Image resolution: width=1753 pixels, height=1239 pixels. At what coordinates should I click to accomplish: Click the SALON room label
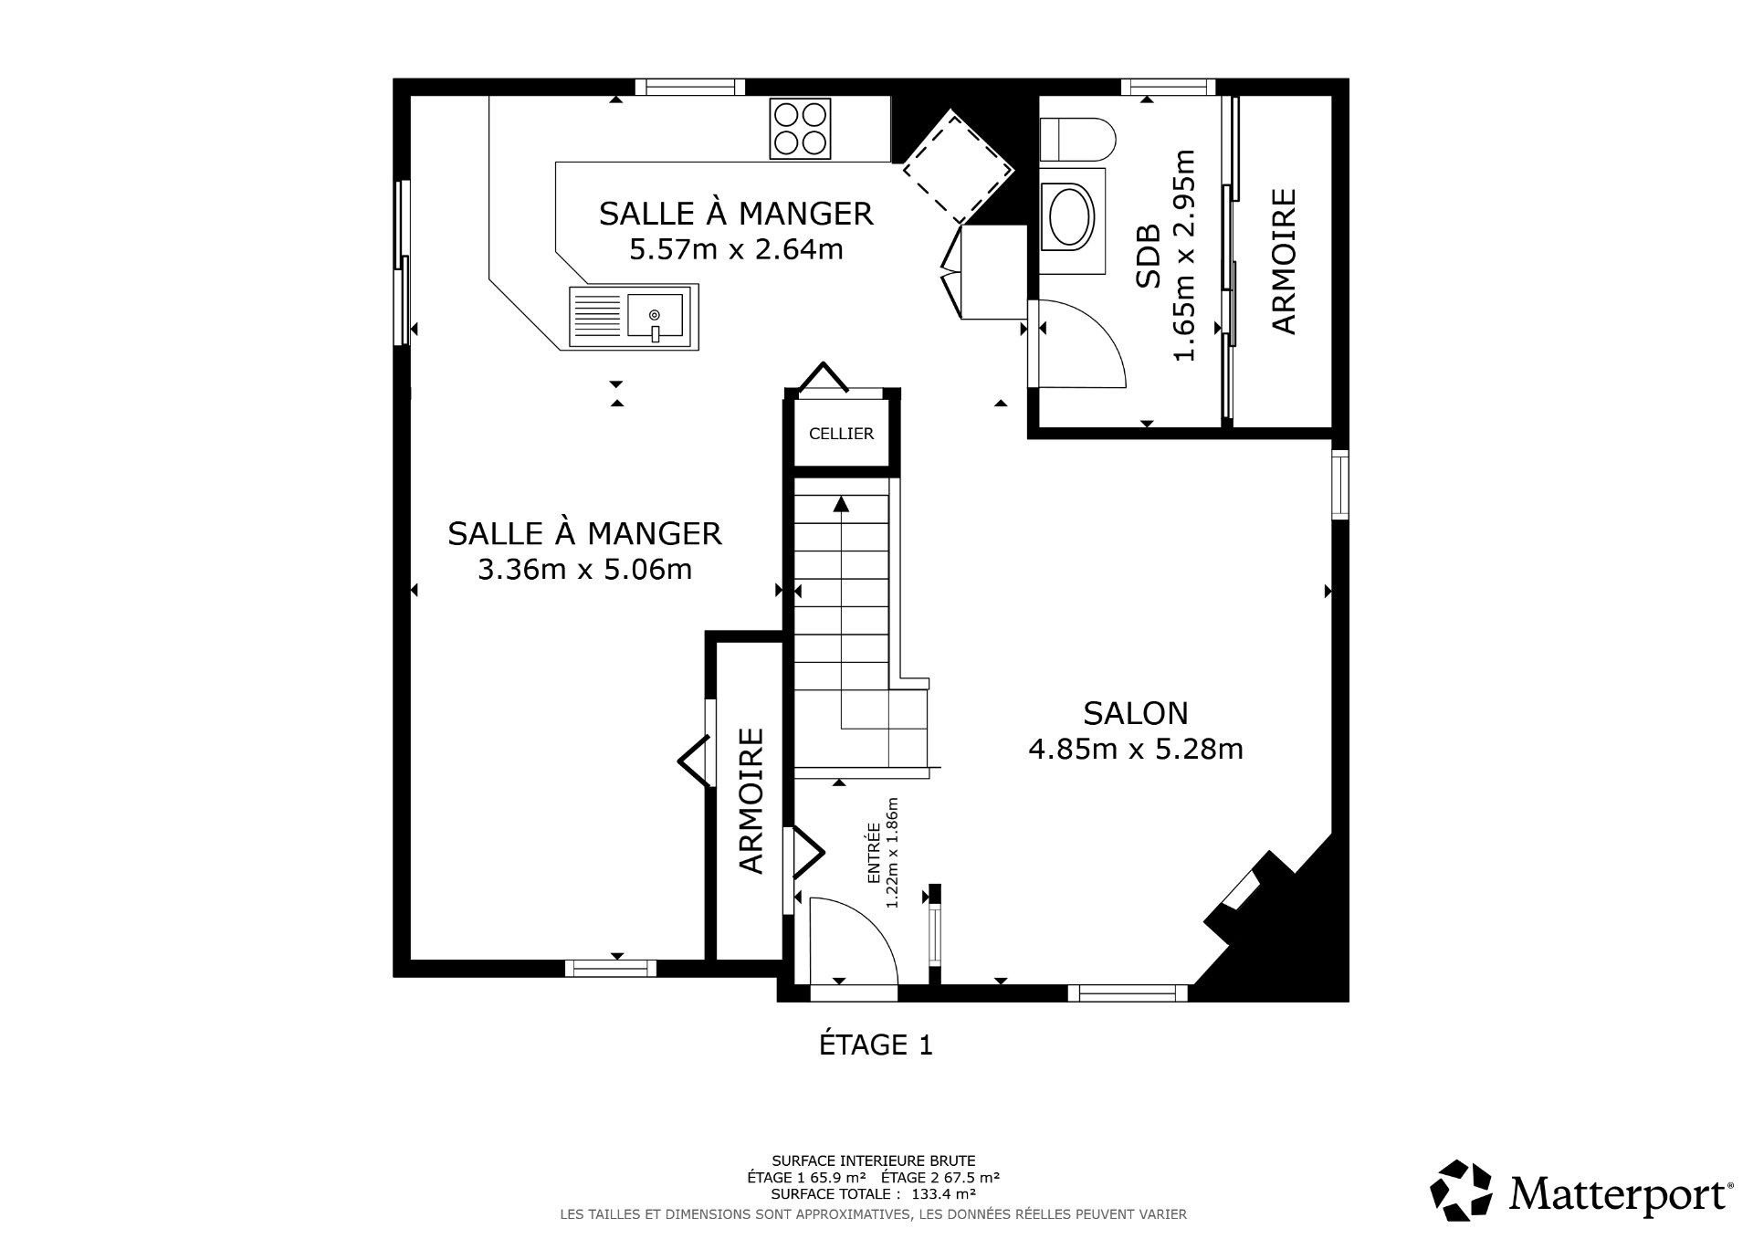(1135, 712)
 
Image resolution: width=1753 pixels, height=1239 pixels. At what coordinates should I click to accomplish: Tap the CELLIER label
(841, 434)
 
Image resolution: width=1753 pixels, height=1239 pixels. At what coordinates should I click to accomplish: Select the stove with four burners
(800, 127)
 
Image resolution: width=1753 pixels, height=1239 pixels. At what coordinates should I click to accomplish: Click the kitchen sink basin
(655, 316)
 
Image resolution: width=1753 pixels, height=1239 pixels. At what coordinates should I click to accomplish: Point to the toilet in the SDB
(1077, 140)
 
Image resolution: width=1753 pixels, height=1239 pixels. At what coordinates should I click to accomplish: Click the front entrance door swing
(849, 940)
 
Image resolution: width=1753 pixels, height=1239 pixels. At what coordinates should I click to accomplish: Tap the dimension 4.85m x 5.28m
(1135, 750)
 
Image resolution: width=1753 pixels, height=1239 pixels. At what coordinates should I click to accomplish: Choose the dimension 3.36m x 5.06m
(584, 570)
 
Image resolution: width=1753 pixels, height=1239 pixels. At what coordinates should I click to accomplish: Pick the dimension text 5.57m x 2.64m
(736, 248)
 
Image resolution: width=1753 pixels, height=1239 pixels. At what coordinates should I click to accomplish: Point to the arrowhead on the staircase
(841, 503)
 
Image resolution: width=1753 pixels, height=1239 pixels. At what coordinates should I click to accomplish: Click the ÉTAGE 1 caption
(876, 1045)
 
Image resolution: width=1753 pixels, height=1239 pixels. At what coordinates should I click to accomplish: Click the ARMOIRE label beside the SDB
(1283, 261)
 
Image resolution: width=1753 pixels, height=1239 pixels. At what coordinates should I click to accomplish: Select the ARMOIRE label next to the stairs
(751, 801)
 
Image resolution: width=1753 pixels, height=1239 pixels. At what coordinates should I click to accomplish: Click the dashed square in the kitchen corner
(958, 167)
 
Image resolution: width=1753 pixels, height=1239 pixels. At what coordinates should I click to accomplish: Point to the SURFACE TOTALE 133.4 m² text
(873, 1192)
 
